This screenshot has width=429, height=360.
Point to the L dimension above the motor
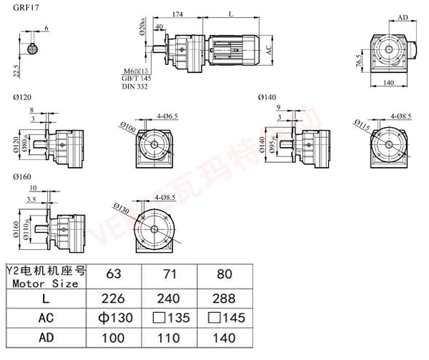pyautogui.click(x=230, y=14)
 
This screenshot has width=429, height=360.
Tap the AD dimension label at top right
pyautogui.click(x=403, y=17)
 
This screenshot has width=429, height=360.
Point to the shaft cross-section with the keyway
pyautogui.click(x=34, y=49)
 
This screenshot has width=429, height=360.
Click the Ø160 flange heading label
pyautogui.click(x=22, y=176)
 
